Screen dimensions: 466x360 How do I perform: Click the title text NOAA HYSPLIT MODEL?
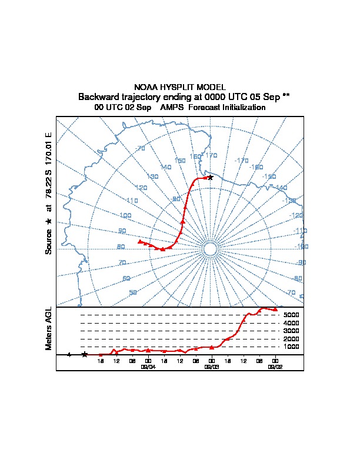pos(180,87)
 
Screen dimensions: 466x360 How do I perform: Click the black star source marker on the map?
pos(210,177)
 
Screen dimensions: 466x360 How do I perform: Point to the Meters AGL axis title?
pos(49,328)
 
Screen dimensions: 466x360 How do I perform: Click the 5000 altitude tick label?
pos(292,315)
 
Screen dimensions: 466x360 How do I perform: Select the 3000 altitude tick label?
pos(292,331)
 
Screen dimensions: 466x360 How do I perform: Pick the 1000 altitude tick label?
pos(292,347)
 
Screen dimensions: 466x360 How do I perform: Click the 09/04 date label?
pos(148,366)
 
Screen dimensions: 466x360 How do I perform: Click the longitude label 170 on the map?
pos(211,155)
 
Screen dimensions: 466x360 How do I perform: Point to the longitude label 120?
pos(141,188)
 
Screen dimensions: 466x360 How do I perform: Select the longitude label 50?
pos(134,292)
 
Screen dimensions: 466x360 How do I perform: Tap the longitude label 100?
pos(125,216)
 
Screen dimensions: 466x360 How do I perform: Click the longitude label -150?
pos(268,177)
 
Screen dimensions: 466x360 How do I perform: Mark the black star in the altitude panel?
pos(85,354)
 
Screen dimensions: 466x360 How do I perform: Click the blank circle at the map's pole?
pos(211,249)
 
